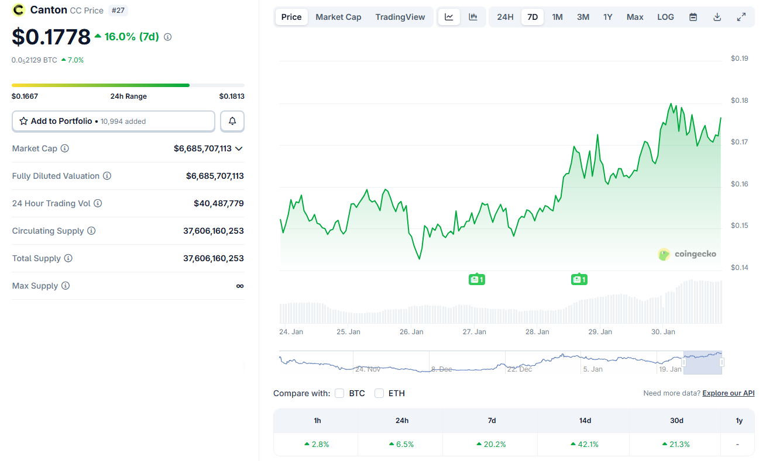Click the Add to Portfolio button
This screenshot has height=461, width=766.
click(x=114, y=121)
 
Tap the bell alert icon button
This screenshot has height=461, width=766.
click(x=232, y=121)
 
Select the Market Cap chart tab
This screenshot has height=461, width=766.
click(x=338, y=17)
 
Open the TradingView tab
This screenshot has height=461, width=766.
click(x=400, y=17)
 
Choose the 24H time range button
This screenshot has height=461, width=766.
click(x=505, y=17)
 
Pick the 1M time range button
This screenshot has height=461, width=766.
click(x=557, y=17)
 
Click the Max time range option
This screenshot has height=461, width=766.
click(x=635, y=17)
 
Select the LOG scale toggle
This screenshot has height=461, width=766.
click(x=665, y=17)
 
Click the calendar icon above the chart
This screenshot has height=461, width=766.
click(x=693, y=17)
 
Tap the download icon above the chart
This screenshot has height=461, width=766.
click(x=717, y=17)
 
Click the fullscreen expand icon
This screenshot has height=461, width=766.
click(x=741, y=17)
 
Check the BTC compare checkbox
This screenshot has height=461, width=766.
click(x=339, y=393)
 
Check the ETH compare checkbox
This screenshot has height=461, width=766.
click(x=379, y=393)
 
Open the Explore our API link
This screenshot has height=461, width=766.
click(x=729, y=393)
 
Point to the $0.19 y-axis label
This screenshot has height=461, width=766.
click(x=740, y=58)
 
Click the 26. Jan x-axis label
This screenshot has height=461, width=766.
click(x=411, y=332)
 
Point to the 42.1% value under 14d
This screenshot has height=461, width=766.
click(x=584, y=444)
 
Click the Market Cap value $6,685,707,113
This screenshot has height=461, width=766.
click(x=202, y=148)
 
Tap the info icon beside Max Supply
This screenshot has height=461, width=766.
click(x=66, y=286)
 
